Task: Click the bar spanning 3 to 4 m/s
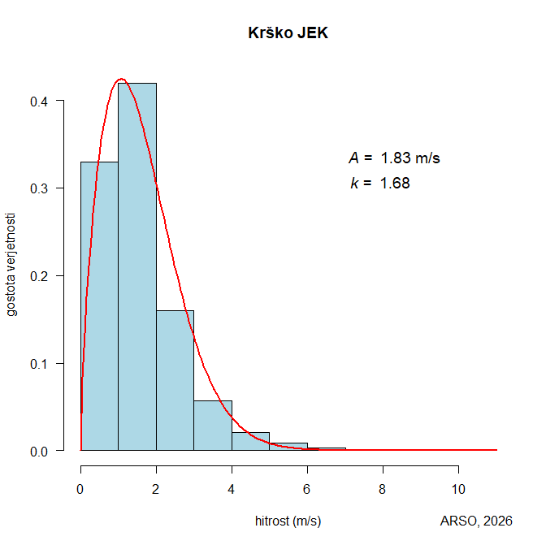213,426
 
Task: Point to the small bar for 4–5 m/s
250,442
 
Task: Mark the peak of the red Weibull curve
121,79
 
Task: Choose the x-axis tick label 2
156,490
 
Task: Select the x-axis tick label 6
307,490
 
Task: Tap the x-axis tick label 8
383,490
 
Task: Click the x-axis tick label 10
458,490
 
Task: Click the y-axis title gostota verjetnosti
12,263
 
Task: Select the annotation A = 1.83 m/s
394,158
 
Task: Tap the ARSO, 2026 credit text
476,521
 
